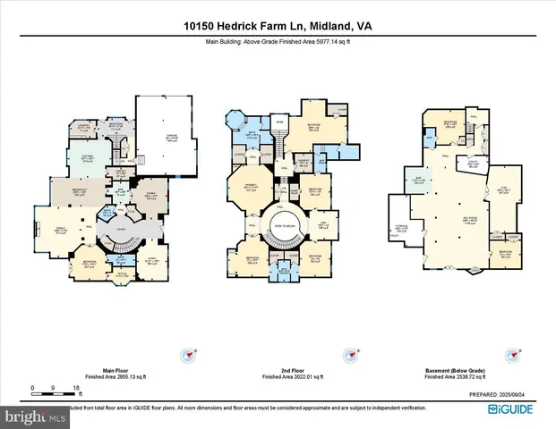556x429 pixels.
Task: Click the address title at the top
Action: click(278, 26)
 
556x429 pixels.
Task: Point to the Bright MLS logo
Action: click(32, 416)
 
